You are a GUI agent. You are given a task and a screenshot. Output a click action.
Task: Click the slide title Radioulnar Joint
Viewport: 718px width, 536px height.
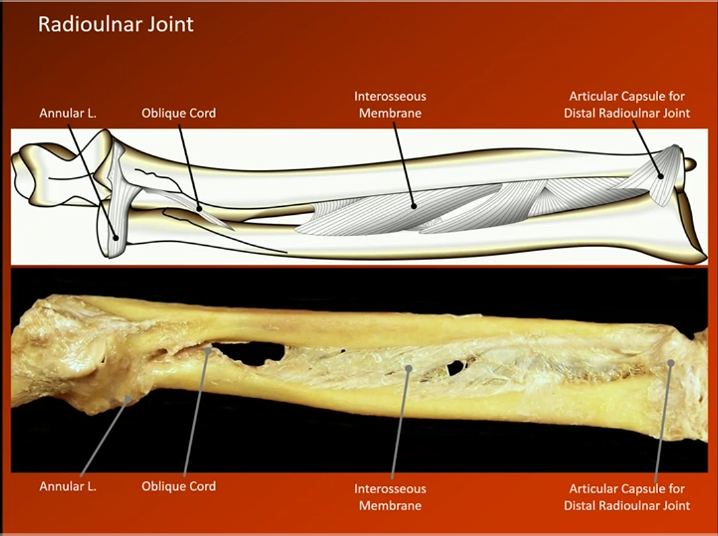tap(116, 24)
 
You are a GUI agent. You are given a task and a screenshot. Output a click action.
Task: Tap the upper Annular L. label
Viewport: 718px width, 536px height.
tap(68, 113)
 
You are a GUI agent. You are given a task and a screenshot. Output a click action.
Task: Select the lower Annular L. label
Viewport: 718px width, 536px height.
tap(68, 487)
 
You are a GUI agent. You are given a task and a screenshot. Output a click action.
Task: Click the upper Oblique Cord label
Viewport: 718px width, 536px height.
tap(179, 113)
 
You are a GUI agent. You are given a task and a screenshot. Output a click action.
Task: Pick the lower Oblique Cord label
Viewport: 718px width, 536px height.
tap(179, 487)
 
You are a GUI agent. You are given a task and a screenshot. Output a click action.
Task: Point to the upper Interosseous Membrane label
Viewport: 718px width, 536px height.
tap(390, 104)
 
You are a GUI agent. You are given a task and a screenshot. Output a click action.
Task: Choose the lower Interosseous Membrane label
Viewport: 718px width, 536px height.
tap(390, 497)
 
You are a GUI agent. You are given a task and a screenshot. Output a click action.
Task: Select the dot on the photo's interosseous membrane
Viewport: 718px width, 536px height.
tap(409, 368)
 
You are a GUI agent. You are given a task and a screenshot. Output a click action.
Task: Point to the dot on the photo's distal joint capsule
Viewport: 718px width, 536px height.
tap(671, 363)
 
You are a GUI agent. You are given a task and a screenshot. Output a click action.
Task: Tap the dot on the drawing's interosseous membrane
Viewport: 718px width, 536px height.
tap(414, 206)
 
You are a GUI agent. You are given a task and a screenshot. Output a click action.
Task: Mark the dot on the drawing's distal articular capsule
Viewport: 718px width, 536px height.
tap(660, 175)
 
